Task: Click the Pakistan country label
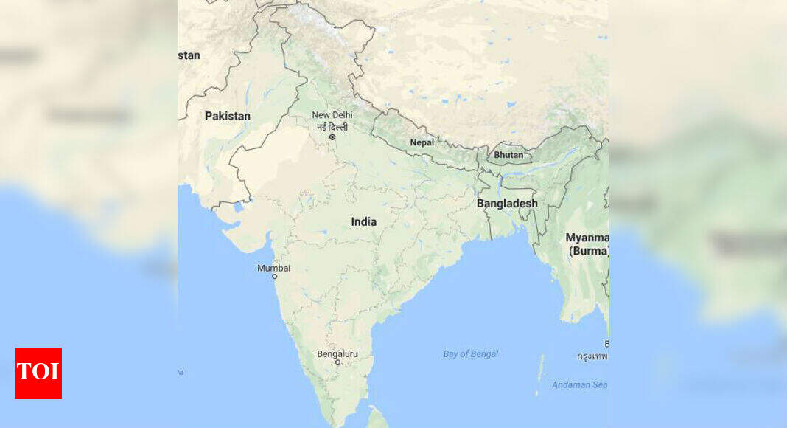pyautogui.click(x=227, y=116)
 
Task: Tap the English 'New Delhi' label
pyautogui.click(x=332, y=115)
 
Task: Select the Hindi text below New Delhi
pyautogui.click(x=332, y=126)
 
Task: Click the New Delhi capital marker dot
pyautogui.click(x=332, y=137)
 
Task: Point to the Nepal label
pyautogui.click(x=422, y=142)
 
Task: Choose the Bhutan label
pyautogui.click(x=508, y=155)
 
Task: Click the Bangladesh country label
pyautogui.click(x=507, y=203)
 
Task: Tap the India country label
pyautogui.click(x=363, y=221)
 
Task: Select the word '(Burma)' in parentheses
pyautogui.click(x=588, y=251)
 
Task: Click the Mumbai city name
pyautogui.click(x=273, y=268)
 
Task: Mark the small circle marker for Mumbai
pyautogui.click(x=275, y=277)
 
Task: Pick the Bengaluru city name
pyautogui.click(x=337, y=354)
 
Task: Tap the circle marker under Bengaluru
pyautogui.click(x=337, y=362)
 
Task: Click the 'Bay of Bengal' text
pyautogui.click(x=470, y=354)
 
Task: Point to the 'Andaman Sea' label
pyautogui.click(x=579, y=384)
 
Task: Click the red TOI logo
pyautogui.click(x=38, y=373)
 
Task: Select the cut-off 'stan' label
pyautogui.click(x=189, y=55)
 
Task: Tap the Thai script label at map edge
pyautogui.click(x=592, y=356)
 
